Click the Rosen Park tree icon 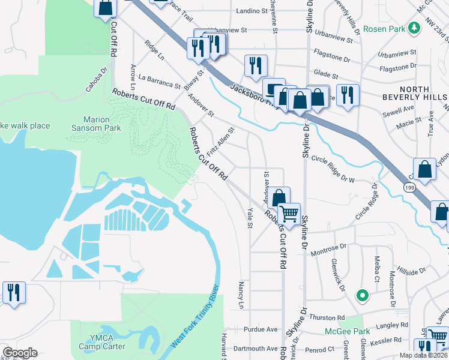pos(414,28)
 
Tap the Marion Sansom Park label pos(102,124)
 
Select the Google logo pos(19,353)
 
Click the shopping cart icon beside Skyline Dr pos(289,212)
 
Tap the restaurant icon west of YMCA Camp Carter pos(13,293)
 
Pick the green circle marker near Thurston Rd pos(362,295)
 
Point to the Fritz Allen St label pos(220,143)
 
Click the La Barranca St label pos(159,82)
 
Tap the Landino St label pos(252,11)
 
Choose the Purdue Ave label pos(261,329)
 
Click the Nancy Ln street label pos(241,295)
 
